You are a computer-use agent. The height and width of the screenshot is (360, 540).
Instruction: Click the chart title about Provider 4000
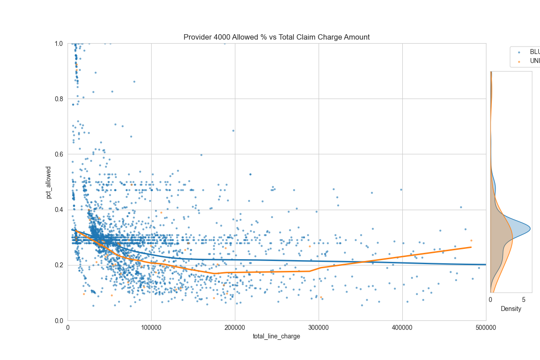pos(276,37)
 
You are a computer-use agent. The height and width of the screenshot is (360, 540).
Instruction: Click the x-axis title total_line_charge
pos(276,336)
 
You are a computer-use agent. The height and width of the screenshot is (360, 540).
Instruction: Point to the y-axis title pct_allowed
pos(49,182)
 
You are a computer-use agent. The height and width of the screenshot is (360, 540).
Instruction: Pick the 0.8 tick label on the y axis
pos(59,99)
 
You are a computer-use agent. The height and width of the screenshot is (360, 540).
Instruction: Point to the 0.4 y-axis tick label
pos(59,210)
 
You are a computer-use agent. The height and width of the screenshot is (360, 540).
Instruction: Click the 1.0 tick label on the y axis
pos(59,44)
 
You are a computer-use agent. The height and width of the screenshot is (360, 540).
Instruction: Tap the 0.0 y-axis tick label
pos(59,320)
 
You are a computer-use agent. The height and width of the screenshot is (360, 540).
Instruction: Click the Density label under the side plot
pos(511,309)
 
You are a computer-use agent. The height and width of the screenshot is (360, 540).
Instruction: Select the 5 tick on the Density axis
pos(523,300)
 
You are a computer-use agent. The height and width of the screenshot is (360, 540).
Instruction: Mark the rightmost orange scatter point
pos(471,240)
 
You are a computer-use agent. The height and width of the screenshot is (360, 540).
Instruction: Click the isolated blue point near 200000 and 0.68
pos(233,130)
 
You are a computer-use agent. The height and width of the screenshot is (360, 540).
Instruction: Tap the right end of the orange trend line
pos(471,247)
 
